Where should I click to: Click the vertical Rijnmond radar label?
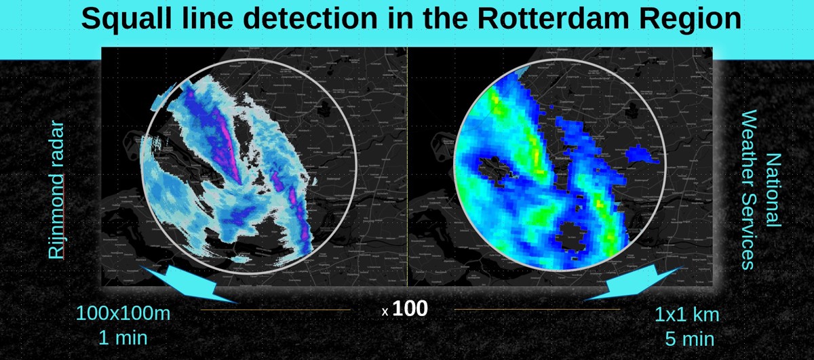[x=58, y=191]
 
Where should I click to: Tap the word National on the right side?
[x=772, y=190]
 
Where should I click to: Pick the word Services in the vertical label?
[x=749, y=228]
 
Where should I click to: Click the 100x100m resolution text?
[x=122, y=314]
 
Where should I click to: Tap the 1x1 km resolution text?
[x=686, y=314]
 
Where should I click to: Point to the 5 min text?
[x=689, y=337]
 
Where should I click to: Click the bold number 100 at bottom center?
[x=410, y=309]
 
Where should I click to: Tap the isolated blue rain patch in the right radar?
[x=640, y=154]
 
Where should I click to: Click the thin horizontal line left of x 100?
[x=275, y=310]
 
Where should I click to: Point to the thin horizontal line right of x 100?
[x=536, y=310]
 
